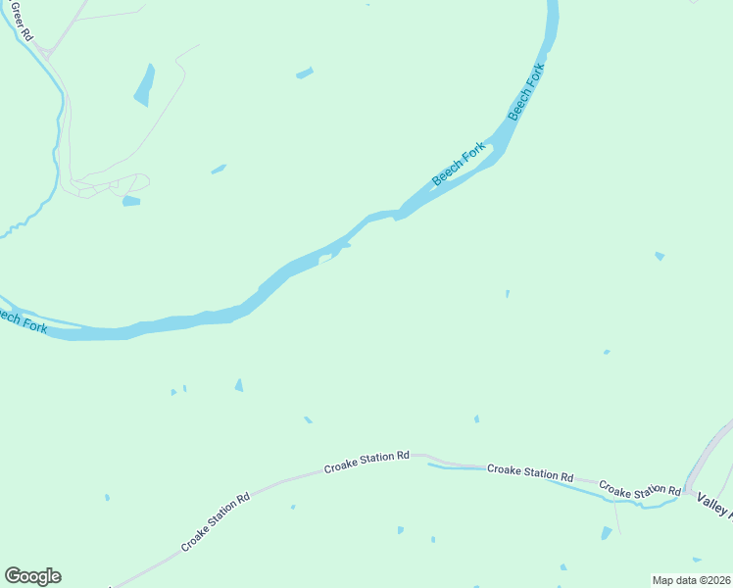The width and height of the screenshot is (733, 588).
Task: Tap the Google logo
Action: click(x=32, y=576)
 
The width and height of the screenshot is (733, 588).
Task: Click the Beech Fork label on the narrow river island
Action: click(x=460, y=164)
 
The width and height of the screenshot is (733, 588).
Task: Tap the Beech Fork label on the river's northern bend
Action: click(x=525, y=93)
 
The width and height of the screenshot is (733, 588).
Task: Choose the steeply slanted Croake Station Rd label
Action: click(x=216, y=522)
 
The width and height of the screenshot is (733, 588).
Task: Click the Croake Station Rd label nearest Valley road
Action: click(x=640, y=488)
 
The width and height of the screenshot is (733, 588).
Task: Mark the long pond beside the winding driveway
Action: click(x=145, y=84)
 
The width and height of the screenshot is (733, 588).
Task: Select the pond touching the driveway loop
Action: click(x=131, y=201)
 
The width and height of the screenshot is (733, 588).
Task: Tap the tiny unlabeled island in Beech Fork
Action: click(x=326, y=259)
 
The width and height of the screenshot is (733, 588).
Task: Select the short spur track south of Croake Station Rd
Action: click(x=615, y=514)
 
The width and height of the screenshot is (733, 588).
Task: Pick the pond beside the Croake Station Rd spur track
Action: click(x=606, y=533)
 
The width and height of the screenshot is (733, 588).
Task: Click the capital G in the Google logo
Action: click(x=13, y=576)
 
